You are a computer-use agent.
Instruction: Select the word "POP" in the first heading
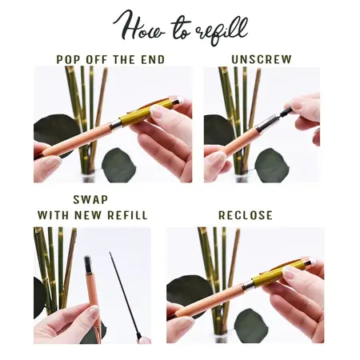[x=68, y=60]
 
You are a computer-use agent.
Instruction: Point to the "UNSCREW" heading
[x=262, y=59]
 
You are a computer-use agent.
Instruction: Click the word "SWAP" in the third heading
[x=90, y=199]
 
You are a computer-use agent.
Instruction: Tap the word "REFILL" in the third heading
[x=127, y=215]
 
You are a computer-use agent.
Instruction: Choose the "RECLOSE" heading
[x=246, y=215]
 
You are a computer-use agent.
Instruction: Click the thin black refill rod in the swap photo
[x=124, y=294]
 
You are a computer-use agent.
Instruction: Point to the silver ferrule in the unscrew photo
[x=266, y=123]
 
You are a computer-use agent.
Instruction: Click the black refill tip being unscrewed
[x=286, y=111]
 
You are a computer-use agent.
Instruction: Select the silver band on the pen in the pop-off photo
[x=115, y=125]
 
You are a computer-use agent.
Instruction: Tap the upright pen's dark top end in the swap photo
[x=88, y=262]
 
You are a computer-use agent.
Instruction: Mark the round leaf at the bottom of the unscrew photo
[x=269, y=166]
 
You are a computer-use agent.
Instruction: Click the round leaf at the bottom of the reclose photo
[x=250, y=326]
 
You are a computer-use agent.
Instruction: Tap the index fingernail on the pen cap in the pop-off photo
[x=157, y=111]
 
